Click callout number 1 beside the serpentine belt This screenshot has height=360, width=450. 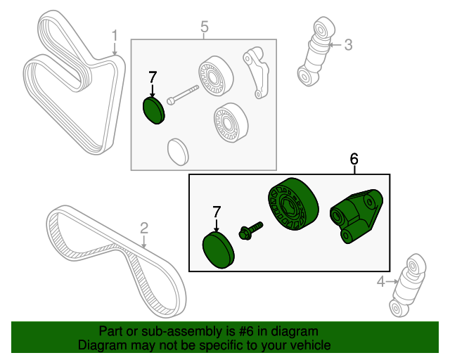point(115,34)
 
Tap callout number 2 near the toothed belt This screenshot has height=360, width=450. point(144,228)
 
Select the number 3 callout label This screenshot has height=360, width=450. point(347,46)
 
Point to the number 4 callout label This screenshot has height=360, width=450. point(381,282)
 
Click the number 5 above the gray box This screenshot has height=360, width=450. point(205,27)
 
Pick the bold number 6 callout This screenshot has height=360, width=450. point(354,160)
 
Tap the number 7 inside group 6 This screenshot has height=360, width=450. point(217,211)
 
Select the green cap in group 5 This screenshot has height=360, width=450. point(153,110)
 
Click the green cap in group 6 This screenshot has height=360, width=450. point(219,251)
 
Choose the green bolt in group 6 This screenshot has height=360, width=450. point(250,230)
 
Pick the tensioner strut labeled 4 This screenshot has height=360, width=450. point(406,288)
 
